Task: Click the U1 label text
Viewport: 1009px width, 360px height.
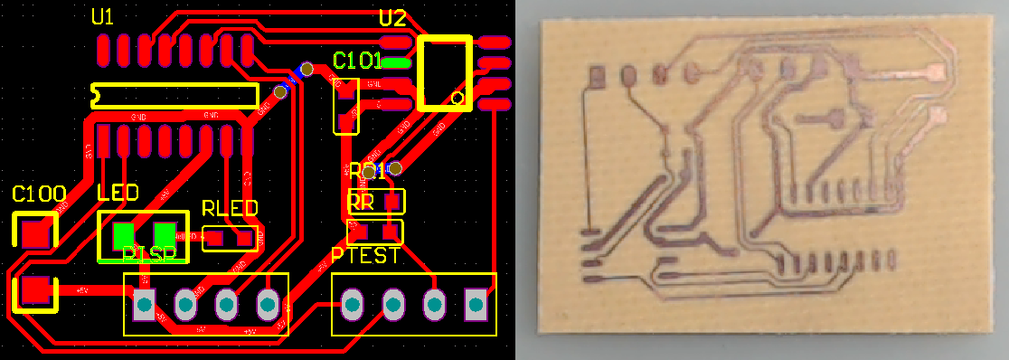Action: tap(103, 17)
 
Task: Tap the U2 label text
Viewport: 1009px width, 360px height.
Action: tap(392, 18)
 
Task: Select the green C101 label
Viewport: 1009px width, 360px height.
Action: tap(356, 62)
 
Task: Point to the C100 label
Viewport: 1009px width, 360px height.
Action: tap(39, 193)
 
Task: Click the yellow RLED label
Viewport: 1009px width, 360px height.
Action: tap(230, 208)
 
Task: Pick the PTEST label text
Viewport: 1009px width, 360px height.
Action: tap(365, 256)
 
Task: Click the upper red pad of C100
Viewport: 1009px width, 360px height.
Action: tap(35, 232)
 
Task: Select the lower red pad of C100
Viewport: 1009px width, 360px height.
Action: tap(35, 290)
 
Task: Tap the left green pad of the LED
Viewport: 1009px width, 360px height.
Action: tap(121, 235)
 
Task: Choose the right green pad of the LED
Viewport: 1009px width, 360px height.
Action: tap(165, 234)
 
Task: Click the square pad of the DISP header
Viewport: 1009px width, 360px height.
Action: tap(144, 305)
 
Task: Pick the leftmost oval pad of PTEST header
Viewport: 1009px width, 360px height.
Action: tap(351, 305)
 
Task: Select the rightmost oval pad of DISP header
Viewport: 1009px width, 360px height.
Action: tap(269, 305)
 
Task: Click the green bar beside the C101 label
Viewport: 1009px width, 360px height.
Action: tap(396, 62)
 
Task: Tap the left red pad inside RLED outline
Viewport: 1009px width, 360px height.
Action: tap(215, 239)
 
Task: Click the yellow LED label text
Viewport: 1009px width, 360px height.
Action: tap(118, 193)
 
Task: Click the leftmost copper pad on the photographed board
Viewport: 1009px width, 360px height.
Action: tap(596, 77)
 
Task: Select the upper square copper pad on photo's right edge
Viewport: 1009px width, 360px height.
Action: tap(938, 71)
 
